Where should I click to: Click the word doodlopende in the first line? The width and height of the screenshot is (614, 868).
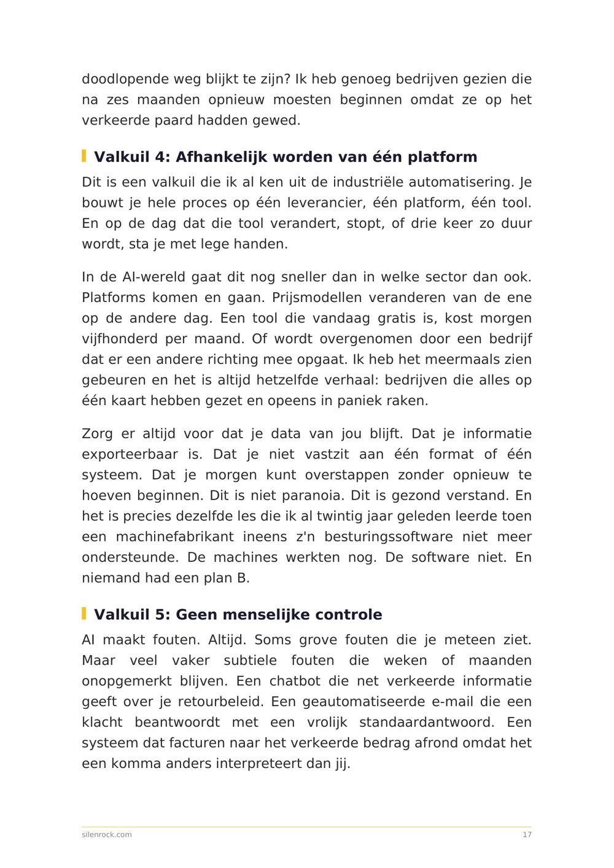pyautogui.click(x=117, y=79)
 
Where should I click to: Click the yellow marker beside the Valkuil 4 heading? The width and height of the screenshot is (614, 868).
pyautogui.click(x=84, y=156)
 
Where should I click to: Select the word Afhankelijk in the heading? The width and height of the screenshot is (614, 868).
pyautogui.click(x=222, y=157)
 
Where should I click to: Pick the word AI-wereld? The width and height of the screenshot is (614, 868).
pyautogui.click(x=154, y=277)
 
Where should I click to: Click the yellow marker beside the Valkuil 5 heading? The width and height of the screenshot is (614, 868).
pyautogui.click(x=84, y=613)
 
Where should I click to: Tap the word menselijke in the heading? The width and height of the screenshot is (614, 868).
pyautogui.click(x=266, y=615)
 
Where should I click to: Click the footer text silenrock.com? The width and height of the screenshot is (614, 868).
pyautogui.click(x=107, y=835)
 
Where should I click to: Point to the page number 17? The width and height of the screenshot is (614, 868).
pyautogui.click(x=527, y=835)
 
